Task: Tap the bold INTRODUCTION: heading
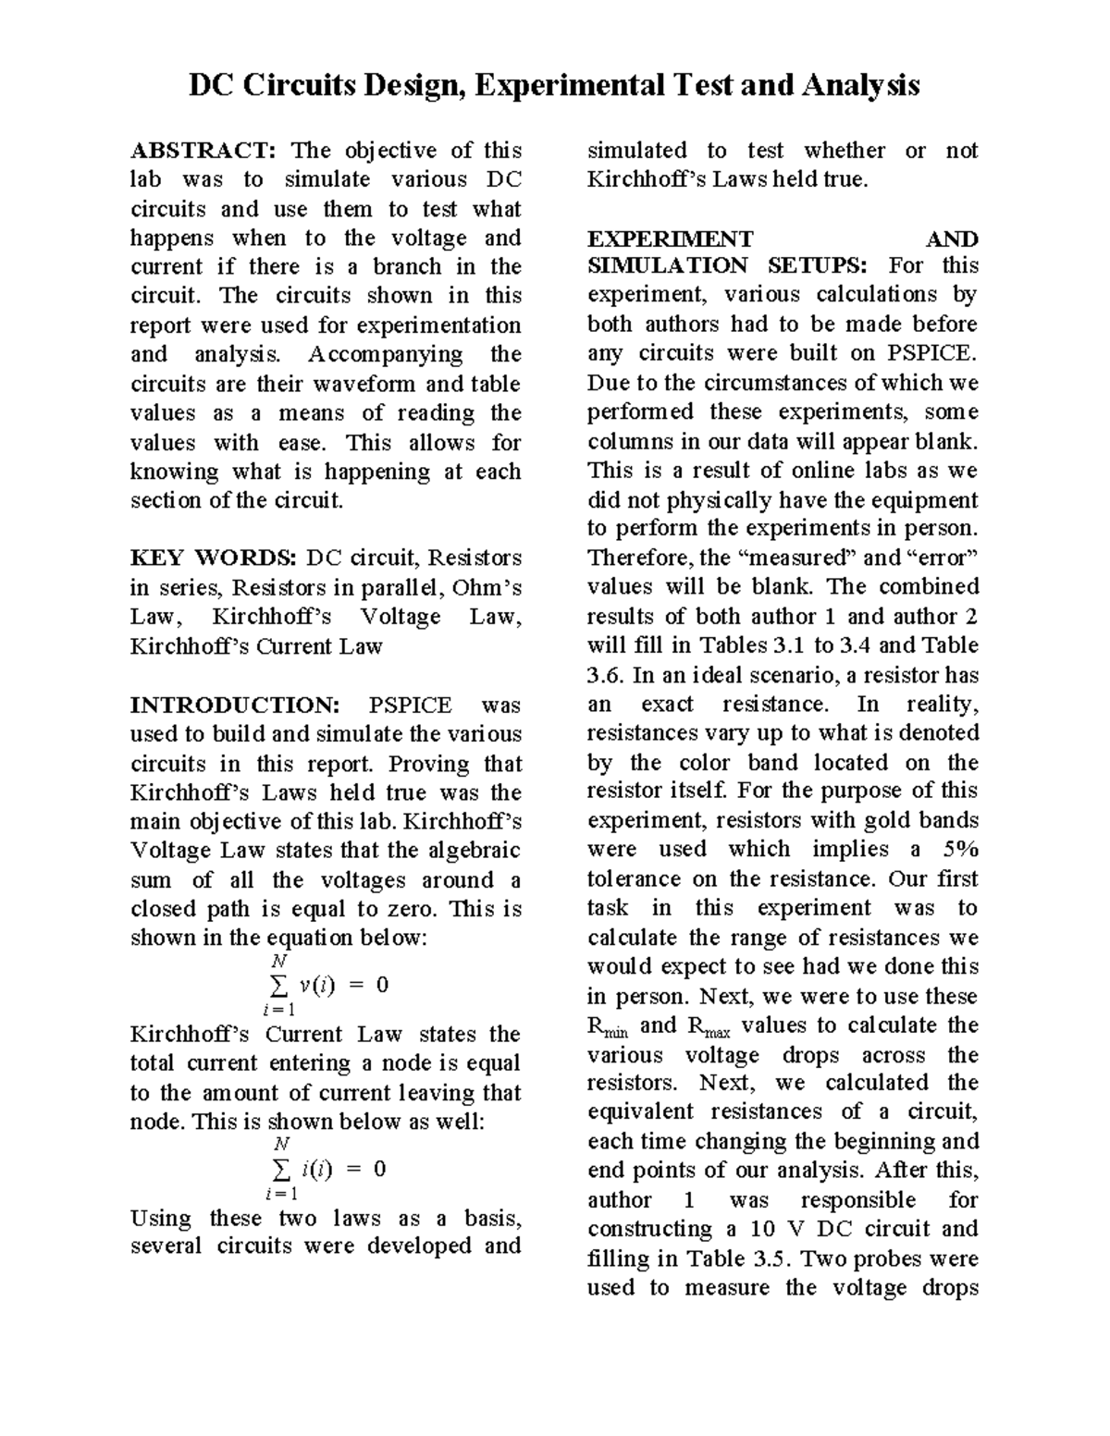235,706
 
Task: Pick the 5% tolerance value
959,850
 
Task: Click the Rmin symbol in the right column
607,1026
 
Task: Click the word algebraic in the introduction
475,851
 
